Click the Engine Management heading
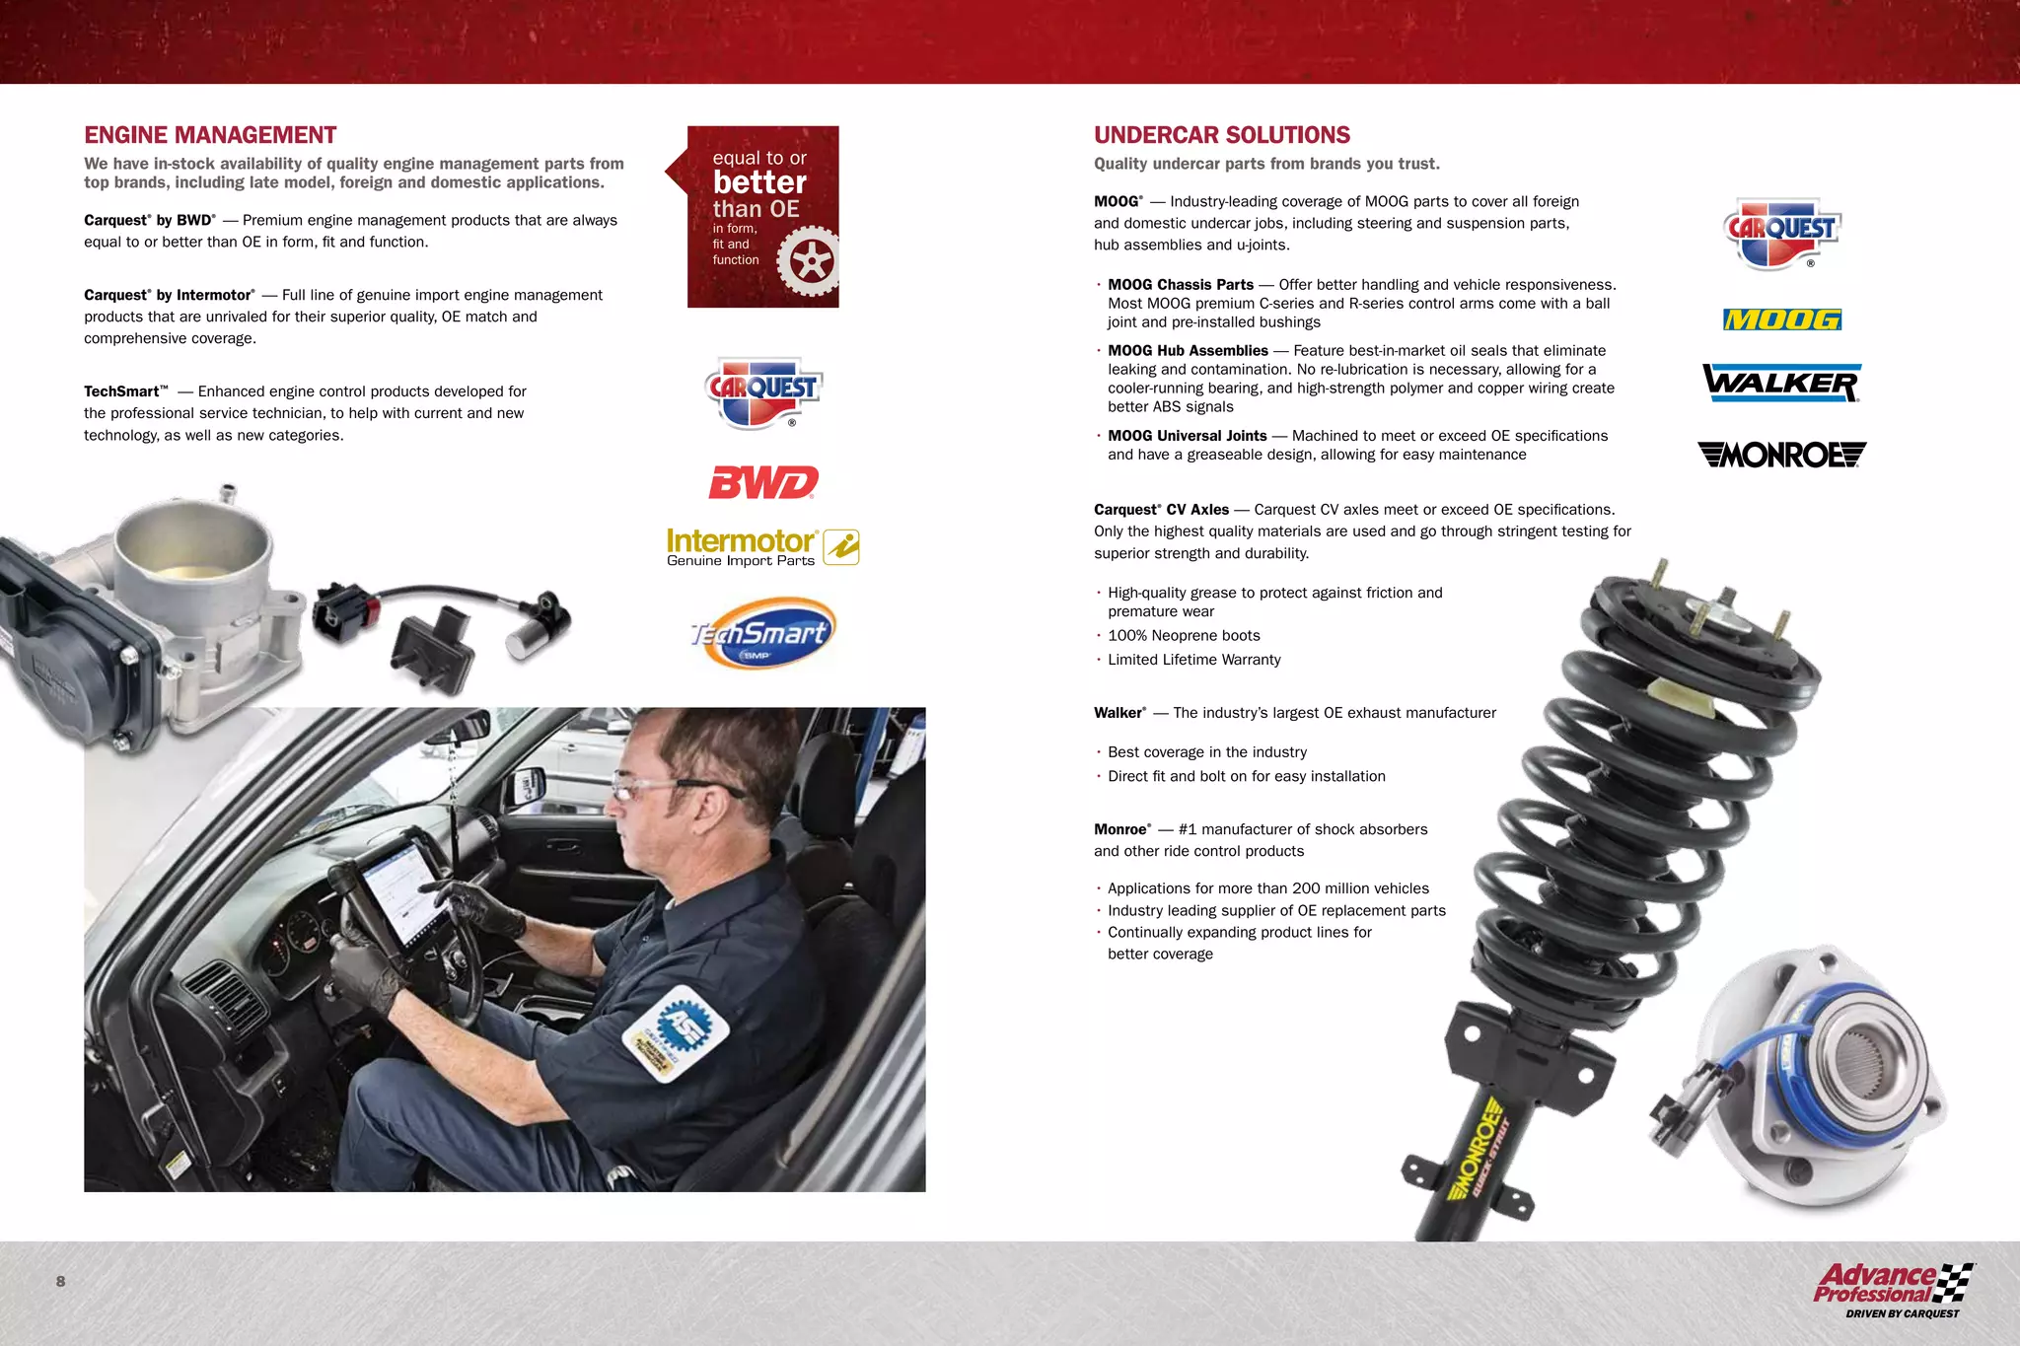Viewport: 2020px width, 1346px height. click(x=210, y=135)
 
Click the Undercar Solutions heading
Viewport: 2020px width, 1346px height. click(x=1221, y=135)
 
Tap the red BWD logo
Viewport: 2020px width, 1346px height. click(x=763, y=482)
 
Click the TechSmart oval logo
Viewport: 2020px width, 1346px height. click(x=762, y=633)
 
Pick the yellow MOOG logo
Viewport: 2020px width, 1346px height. click(x=1781, y=319)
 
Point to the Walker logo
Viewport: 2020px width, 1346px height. click(x=1781, y=383)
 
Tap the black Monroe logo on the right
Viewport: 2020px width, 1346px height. click(x=1781, y=455)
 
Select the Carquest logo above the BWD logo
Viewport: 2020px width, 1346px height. click(x=763, y=391)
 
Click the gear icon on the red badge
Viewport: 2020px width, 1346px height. click(x=809, y=261)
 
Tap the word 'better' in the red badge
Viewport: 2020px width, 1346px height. click(x=759, y=182)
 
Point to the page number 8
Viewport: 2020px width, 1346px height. click(x=60, y=1281)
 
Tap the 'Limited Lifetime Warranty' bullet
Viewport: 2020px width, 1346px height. click(x=1193, y=660)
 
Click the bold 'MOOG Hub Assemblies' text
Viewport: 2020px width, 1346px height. click(x=1188, y=351)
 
